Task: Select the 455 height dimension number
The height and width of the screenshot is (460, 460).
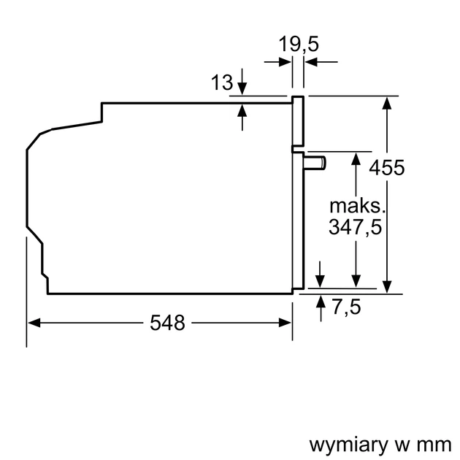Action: click(x=386, y=168)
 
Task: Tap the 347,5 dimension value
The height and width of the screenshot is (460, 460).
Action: click(x=355, y=227)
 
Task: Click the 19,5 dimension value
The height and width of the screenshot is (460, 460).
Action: click(x=299, y=45)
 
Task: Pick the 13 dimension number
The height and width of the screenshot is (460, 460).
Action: click(x=222, y=83)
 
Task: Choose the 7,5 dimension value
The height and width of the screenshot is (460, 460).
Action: click(x=346, y=307)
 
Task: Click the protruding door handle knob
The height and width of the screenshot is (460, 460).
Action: click(x=315, y=162)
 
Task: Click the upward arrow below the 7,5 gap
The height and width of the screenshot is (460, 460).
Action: click(x=320, y=302)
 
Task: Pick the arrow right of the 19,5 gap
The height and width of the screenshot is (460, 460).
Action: click(x=311, y=64)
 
